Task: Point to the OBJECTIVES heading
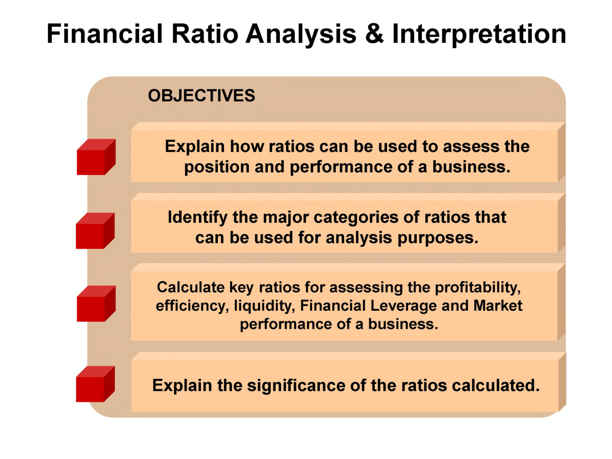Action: (201, 95)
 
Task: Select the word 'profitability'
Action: (477, 287)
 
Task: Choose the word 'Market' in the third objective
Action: (498, 305)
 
